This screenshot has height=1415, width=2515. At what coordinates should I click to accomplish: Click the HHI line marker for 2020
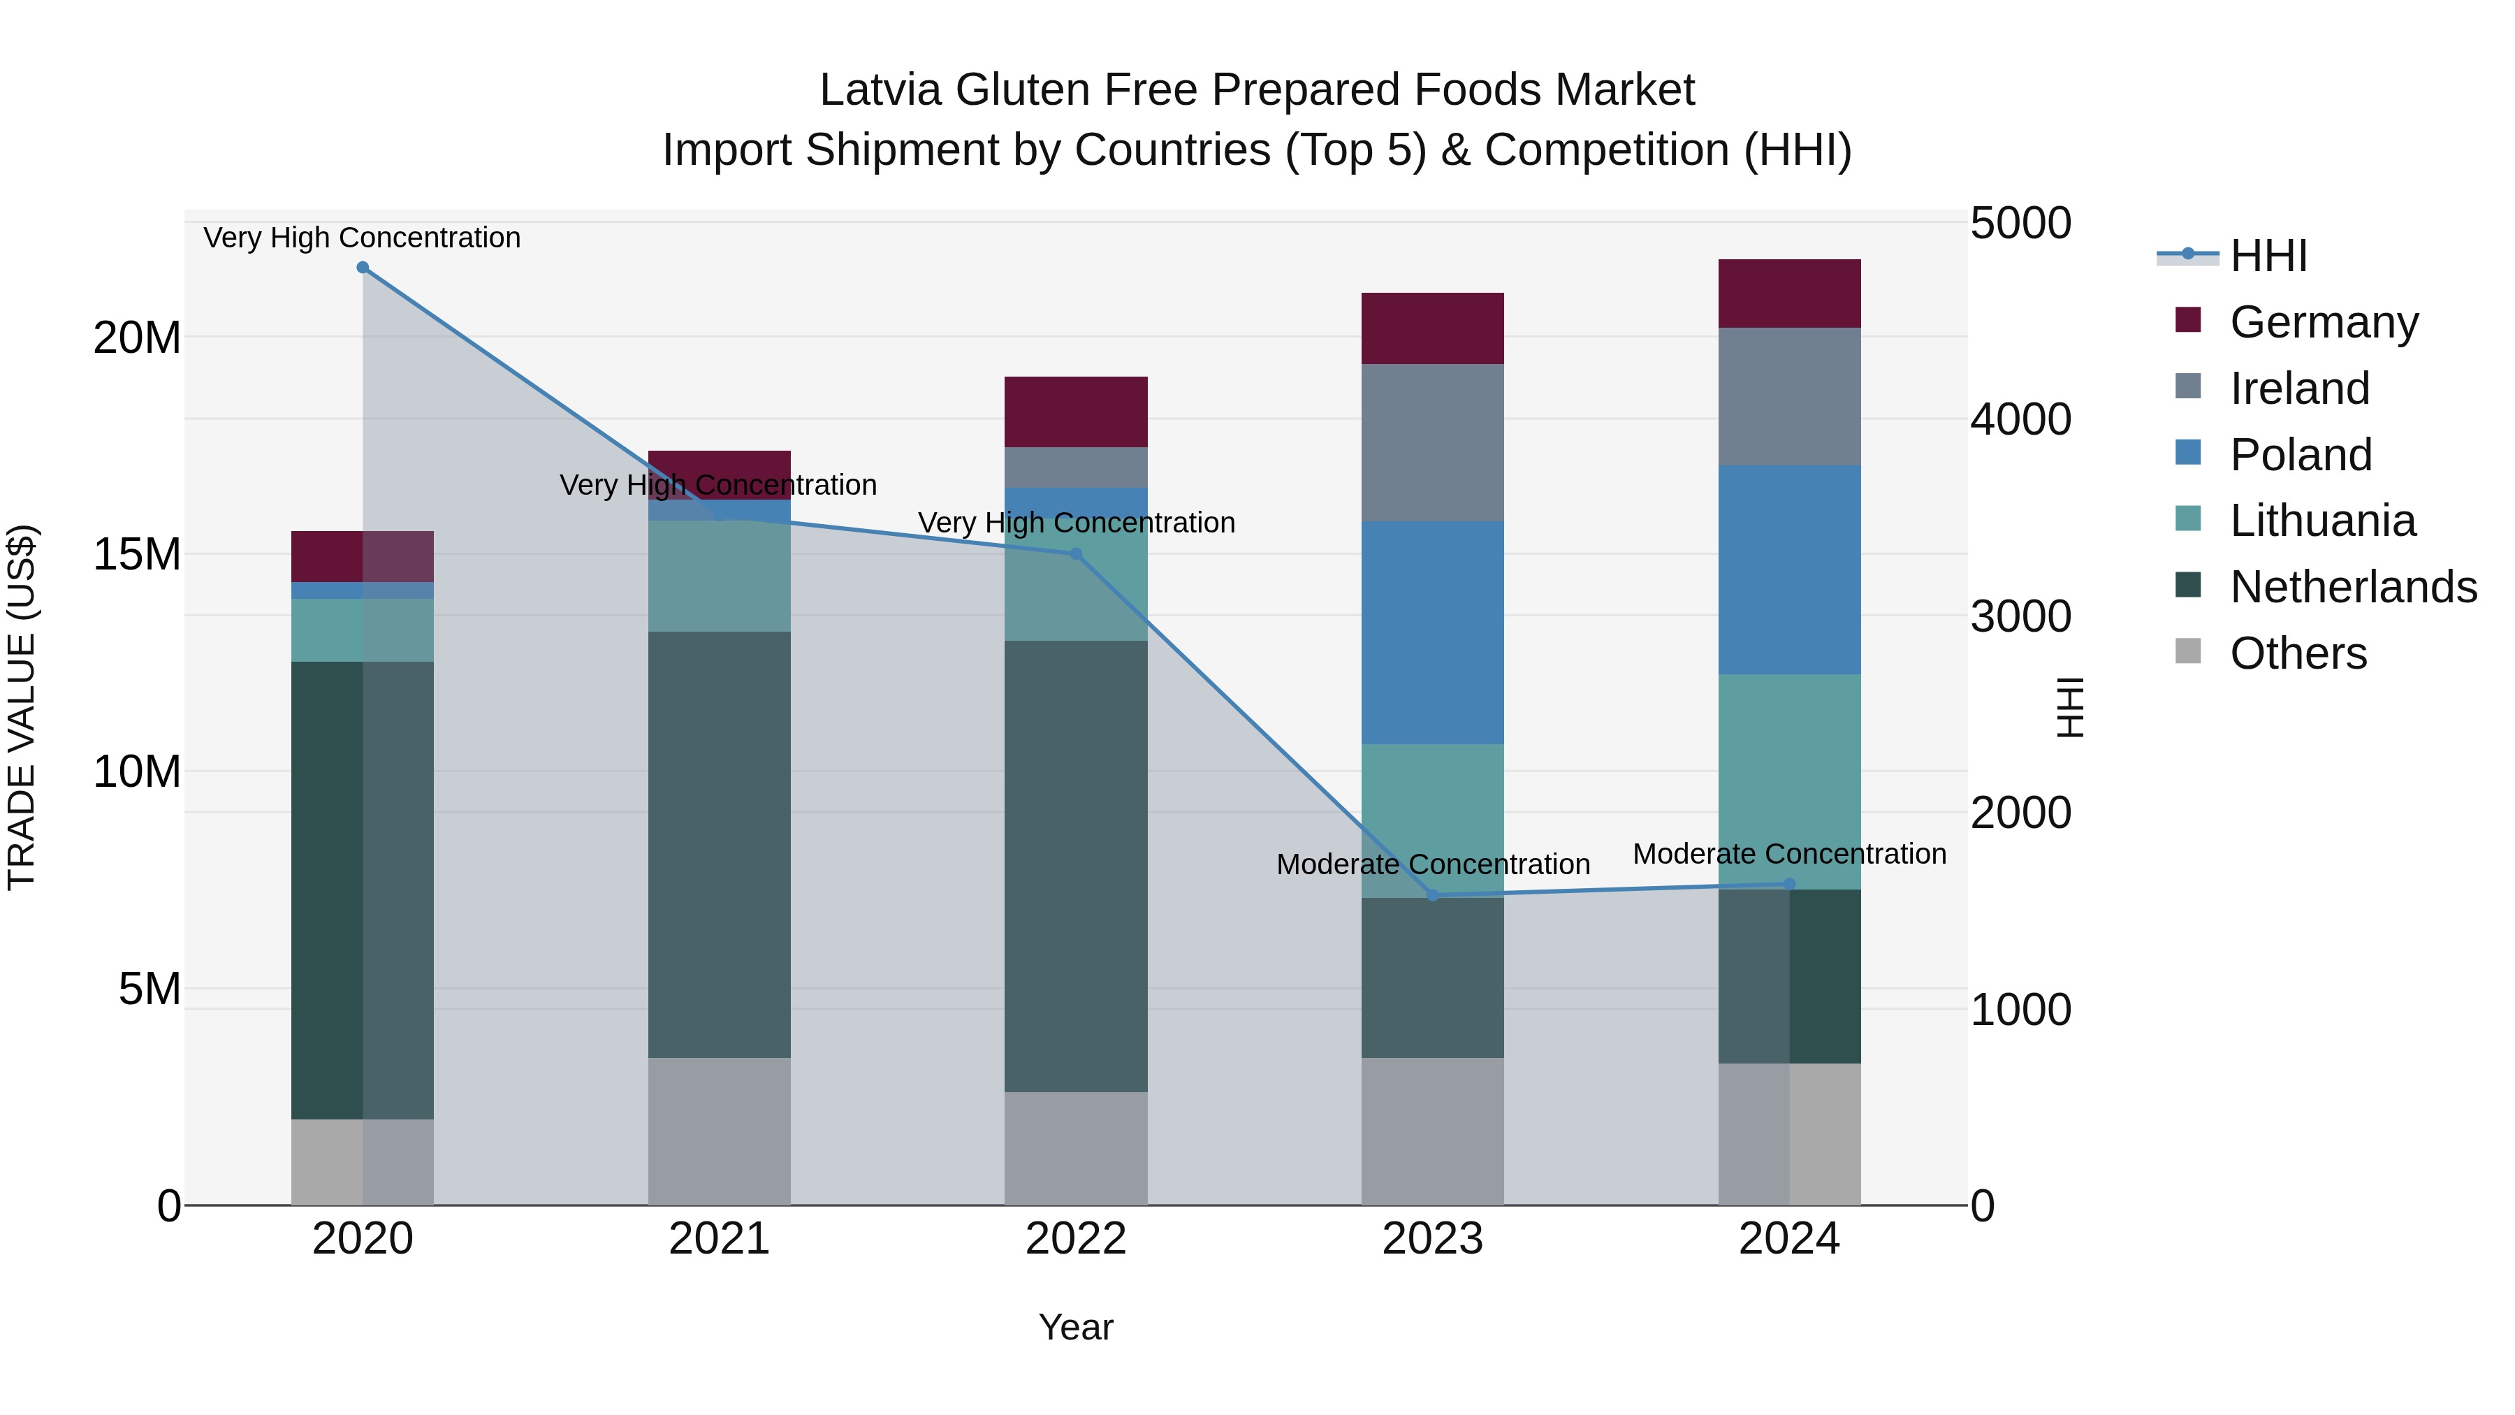tap(362, 268)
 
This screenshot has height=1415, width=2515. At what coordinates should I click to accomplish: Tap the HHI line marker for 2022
tap(1076, 553)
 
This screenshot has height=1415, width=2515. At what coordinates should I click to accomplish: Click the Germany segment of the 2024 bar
tap(1788, 294)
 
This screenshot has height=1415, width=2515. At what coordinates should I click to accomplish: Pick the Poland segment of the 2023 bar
tap(1432, 633)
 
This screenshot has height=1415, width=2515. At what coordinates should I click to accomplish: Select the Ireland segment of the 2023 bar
tap(1432, 442)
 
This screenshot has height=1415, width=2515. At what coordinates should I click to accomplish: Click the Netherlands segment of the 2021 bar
tap(719, 845)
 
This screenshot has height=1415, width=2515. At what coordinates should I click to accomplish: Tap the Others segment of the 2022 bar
tap(1076, 1148)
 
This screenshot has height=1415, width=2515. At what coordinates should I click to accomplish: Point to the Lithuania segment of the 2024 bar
tap(1788, 781)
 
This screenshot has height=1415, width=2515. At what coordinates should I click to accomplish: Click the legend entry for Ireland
tap(2299, 389)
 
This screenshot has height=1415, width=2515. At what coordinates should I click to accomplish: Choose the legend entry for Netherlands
tap(2353, 587)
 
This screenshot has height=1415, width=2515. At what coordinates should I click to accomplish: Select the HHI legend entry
tap(2268, 256)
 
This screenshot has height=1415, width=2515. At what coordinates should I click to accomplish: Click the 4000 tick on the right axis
tap(2020, 420)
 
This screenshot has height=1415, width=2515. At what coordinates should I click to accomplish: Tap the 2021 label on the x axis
tap(719, 1239)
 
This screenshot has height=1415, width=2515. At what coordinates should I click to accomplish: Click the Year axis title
tap(1076, 1327)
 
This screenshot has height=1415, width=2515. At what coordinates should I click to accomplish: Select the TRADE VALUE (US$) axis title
tap(22, 707)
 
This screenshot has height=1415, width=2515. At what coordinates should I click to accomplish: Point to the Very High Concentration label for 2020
tap(362, 238)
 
